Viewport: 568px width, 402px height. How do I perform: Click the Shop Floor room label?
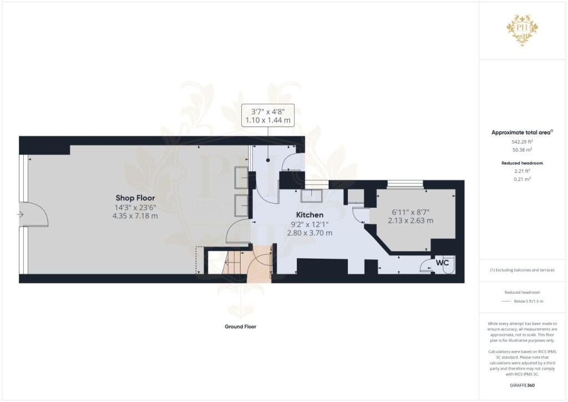point(135,198)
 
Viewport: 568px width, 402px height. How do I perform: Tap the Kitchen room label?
point(310,214)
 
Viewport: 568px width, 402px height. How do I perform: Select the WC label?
point(442,262)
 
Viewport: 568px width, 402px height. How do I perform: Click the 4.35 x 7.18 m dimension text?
point(135,215)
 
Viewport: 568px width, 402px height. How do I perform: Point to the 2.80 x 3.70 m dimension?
point(310,233)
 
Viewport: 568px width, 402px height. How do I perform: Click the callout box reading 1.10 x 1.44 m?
point(268,115)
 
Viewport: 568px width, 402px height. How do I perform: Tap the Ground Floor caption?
point(240,326)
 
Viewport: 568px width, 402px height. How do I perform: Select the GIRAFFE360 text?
point(523,385)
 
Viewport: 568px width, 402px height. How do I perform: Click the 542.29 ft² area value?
point(523,142)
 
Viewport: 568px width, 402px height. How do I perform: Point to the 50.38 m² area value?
point(523,150)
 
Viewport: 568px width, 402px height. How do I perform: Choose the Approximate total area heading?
point(523,132)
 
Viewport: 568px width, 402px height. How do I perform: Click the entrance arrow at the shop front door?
point(21,214)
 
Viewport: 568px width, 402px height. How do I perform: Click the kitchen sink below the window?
point(313,196)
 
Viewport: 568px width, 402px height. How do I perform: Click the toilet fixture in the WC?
point(449,265)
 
